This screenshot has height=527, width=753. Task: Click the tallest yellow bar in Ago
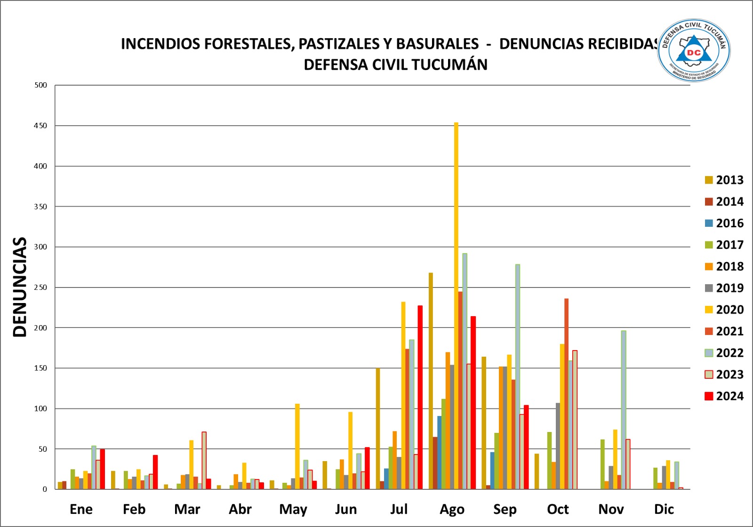click(x=456, y=306)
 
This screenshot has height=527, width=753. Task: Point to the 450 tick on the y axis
click(x=40, y=126)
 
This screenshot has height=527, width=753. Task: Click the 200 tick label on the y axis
click(x=40, y=328)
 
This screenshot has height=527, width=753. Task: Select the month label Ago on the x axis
click(x=452, y=509)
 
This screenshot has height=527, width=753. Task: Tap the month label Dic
click(x=664, y=509)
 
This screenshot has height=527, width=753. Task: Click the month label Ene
click(x=81, y=509)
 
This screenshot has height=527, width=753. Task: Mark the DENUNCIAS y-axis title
click(x=20, y=287)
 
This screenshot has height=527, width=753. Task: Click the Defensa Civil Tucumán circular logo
click(x=694, y=51)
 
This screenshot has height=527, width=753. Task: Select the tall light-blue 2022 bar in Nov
click(x=624, y=409)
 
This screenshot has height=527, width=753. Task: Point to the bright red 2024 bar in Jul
click(x=420, y=398)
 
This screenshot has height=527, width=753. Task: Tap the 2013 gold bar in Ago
click(x=431, y=381)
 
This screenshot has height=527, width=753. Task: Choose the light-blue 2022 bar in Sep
click(x=518, y=376)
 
